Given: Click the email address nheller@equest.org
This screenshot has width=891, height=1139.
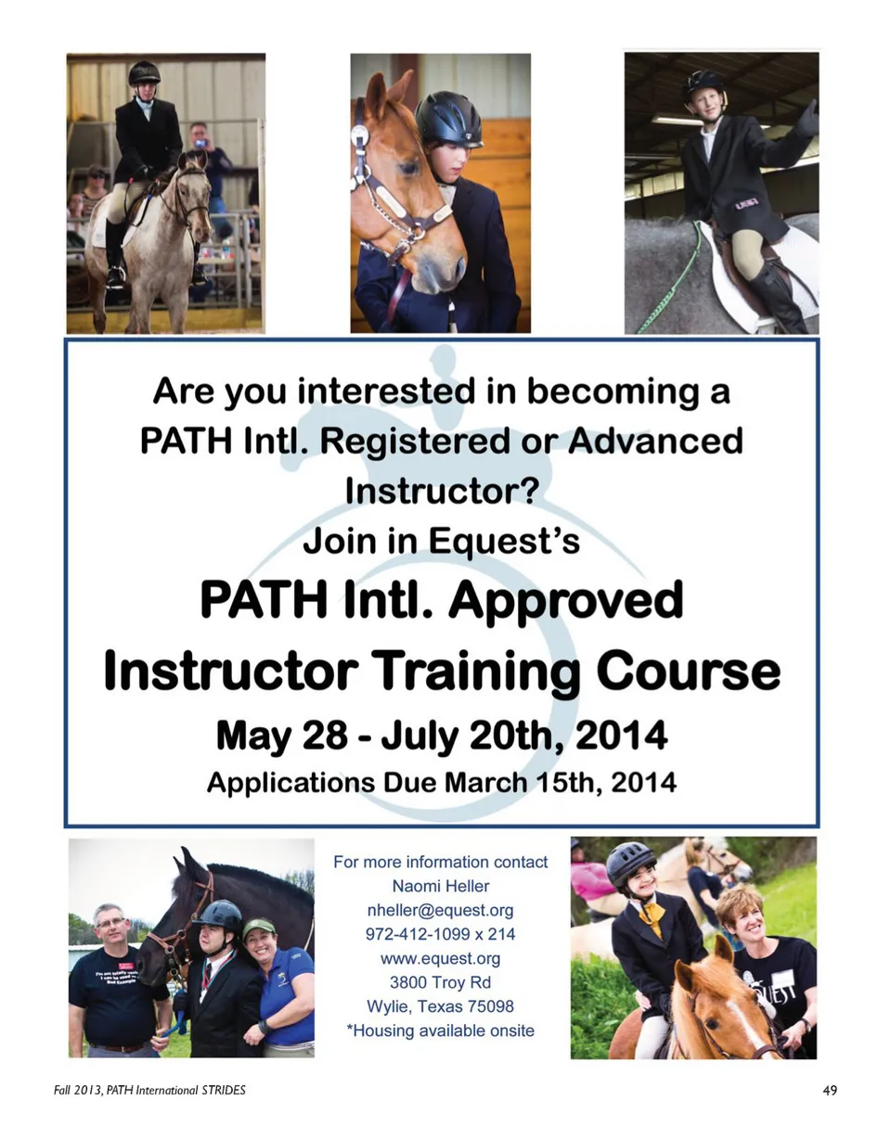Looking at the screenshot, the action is pyautogui.click(x=440, y=910).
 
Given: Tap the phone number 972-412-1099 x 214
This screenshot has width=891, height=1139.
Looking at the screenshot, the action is pyautogui.click(x=440, y=934).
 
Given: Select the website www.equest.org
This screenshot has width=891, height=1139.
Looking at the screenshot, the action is pyautogui.click(x=440, y=958).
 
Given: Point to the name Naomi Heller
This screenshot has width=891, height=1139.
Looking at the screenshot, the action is pyautogui.click(x=441, y=886).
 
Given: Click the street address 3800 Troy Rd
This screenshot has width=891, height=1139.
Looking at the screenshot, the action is pyautogui.click(x=440, y=981).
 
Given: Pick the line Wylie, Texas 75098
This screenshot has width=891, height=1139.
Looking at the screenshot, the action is pyautogui.click(x=440, y=1005).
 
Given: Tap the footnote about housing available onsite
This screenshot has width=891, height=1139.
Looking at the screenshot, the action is pyautogui.click(x=440, y=1030).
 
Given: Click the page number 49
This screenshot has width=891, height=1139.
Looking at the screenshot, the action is pyautogui.click(x=830, y=1090).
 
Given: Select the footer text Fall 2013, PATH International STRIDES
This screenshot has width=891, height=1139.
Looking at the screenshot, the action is pyautogui.click(x=149, y=1090).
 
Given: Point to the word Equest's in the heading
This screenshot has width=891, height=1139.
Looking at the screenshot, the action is pyautogui.click(x=504, y=541).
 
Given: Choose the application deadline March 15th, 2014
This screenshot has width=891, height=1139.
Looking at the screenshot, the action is pyautogui.click(x=561, y=783).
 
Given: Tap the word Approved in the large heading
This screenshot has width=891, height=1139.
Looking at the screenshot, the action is pyautogui.click(x=565, y=602).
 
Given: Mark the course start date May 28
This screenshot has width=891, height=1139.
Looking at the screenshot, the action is pyautogui.click(x=281, y=735).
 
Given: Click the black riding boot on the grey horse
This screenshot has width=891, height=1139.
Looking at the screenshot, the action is pyautogui.click(x=779, y=293).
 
